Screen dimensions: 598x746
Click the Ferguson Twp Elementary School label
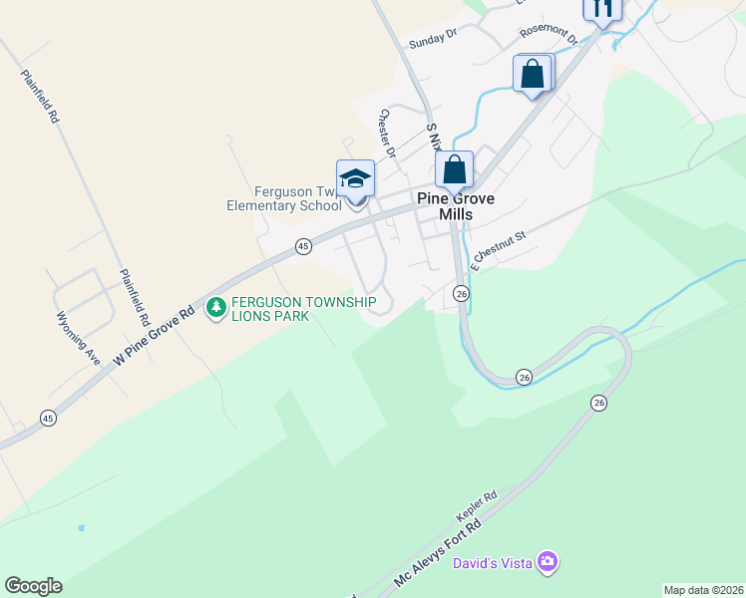pyautogui.click(x=284, y=199)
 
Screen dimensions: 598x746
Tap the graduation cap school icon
pyautogui.click(x=356, y=179)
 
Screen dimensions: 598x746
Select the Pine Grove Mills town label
pyautogui.click(x=457, y=206)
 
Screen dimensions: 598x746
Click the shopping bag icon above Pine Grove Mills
pyautogui.click(x=454, y=168)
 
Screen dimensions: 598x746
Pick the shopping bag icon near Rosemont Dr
pyautogui.click(x=533, y=74)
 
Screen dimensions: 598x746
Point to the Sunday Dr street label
pyautogui.click(x=433, y=38)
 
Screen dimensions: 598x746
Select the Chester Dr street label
pyautogui.click(x=387, y=133)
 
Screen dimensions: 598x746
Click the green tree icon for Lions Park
pyautogui.click(x=215, y=309)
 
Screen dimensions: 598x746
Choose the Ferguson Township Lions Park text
pyautogui.click(x=303, y=309)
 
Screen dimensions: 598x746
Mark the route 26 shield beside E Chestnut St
pyautogui.click(x=461, y=293)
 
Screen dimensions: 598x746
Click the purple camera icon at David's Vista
pyautogui.click(x=547, y=563)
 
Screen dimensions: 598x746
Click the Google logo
pyautogui.click(x=33, y=586)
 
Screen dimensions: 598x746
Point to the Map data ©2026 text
pyautogui.click(x=703, y=590)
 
